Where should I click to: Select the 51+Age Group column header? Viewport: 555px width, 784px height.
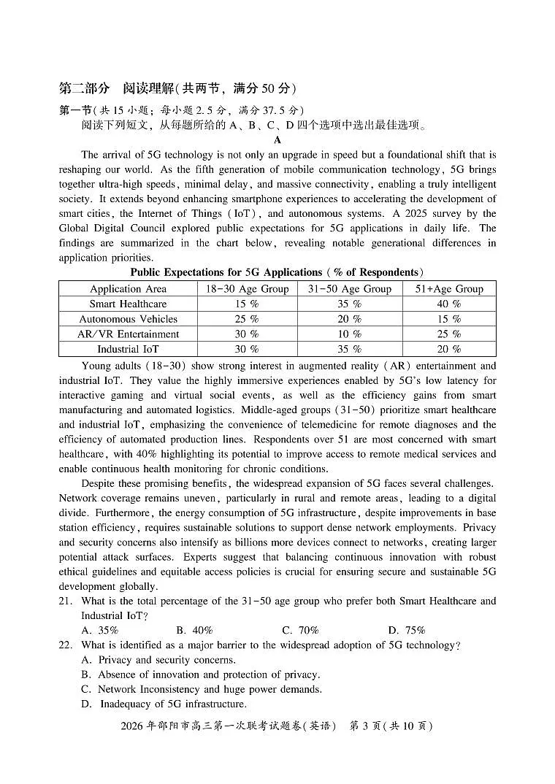click(x=448, y=288)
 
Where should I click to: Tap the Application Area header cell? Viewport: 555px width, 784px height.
click(x=128, y=288)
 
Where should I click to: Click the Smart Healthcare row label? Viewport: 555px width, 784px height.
click(x=128, y=304)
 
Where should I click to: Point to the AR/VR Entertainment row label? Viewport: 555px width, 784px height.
click(x=128, y=334)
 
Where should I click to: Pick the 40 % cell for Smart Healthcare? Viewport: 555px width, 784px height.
click(x=448, y=304)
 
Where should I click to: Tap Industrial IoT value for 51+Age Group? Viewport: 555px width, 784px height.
click(x=448, y=349)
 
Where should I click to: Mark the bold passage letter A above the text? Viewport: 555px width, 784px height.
click(x=277, y=140)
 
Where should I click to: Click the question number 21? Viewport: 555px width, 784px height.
click(x=66, y=601)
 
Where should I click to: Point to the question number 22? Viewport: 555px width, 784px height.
click(x=66, y=645)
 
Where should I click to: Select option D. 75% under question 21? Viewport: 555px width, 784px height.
click(x=406, y=630)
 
